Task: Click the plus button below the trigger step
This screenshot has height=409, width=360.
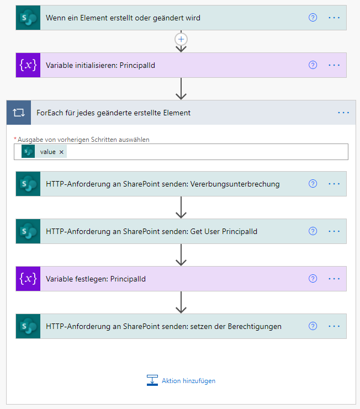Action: click(x=181, y=39)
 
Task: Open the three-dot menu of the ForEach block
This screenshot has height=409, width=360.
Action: click(x=343, y=113)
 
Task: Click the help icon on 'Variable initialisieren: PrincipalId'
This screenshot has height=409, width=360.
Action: click(x=313, y=65)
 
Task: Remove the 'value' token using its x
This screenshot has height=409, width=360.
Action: click(x=61, y=152)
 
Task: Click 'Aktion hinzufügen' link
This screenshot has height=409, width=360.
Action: click(x=188, y=381)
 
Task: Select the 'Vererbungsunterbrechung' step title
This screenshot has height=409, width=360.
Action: click(x=163, y=184)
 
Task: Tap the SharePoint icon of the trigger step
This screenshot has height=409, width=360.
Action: click(x=28, y=18)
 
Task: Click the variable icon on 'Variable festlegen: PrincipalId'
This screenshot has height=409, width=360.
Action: click(x=28, y=279)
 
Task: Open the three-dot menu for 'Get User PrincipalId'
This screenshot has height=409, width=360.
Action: click(x=334, y=231)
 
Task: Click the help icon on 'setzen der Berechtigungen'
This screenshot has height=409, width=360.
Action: click(x=313, y=326)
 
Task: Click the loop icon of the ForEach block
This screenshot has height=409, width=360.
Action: click(x=19, y=113)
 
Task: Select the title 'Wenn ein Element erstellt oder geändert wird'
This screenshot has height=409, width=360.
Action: click(x=123, y=18)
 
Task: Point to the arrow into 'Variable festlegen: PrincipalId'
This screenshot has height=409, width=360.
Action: click(x=181, y=255)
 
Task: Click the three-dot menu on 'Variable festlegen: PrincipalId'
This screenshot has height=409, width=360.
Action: click(x=334, y=279)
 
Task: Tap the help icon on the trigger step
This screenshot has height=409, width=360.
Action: click(x=313, y=18)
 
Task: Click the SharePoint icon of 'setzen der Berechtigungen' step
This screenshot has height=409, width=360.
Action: click(x=28, y=326)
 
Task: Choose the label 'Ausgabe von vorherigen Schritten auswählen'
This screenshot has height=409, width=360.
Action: click(x=83, y=140)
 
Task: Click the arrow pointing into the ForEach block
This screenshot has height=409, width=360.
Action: click(x=181, y=89)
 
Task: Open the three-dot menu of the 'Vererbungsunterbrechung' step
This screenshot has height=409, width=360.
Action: click(x=334, y=184)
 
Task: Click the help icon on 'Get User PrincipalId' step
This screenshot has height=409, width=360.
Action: click(x=313, y=231)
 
